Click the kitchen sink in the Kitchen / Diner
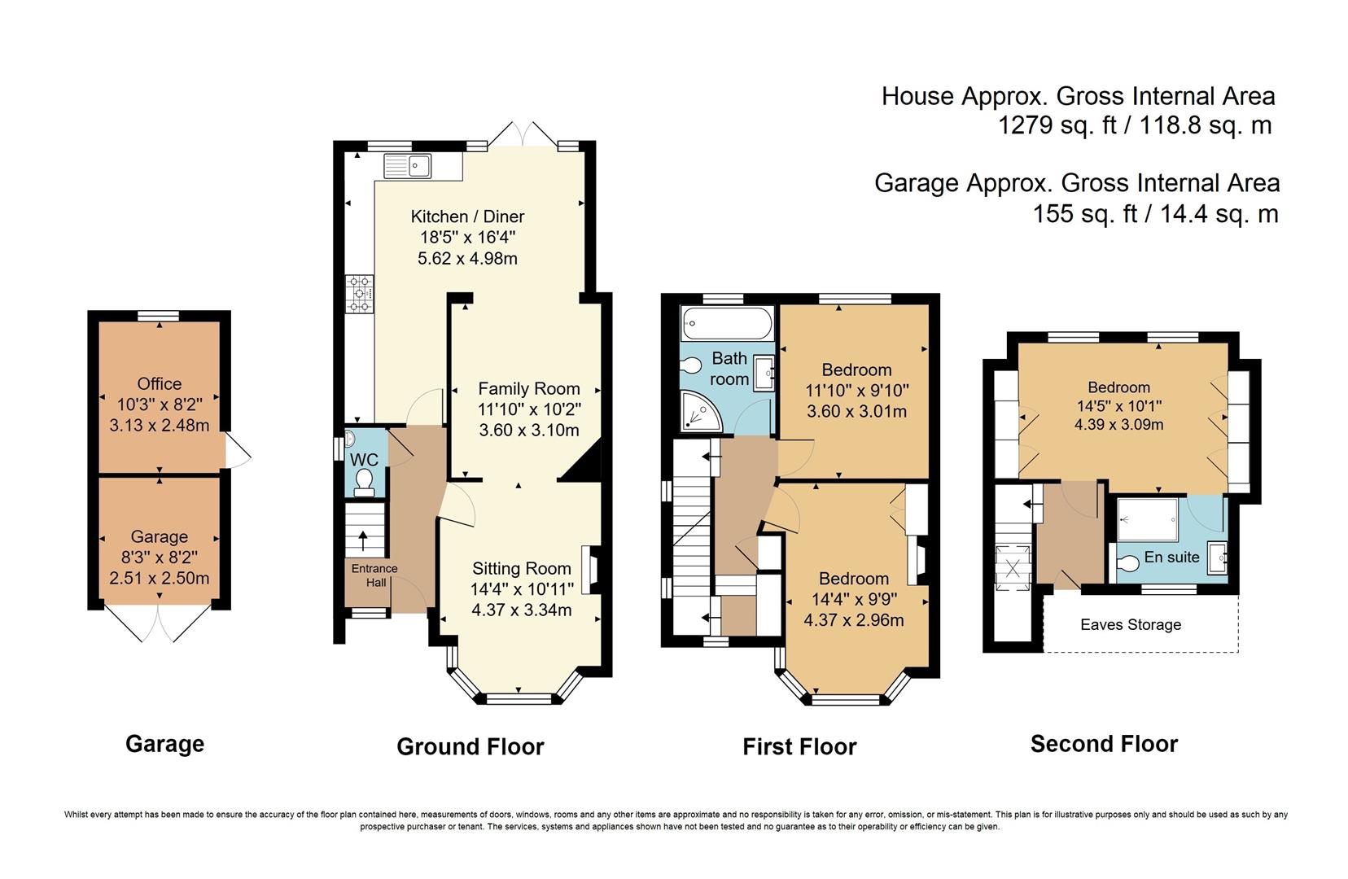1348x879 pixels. (x=407, y=166)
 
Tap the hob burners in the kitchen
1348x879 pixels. (x=359, y=294)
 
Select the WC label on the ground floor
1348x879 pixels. (x=364, y=460)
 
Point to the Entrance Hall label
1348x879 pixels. (x=374, y=575)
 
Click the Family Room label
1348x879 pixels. (x=529, y=389)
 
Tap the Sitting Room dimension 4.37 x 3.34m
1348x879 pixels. (x=522, y=610)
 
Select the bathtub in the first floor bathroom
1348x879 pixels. (x=727, y=324)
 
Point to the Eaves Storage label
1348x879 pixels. (x=1131, y=624)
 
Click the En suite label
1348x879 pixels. (x=1171, y=558)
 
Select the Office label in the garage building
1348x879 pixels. (x=159, y=384)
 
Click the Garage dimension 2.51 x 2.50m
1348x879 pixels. (x=159, y=578)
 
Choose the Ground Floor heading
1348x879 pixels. (x=470, y=746)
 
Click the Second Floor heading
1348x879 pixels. (x=1105, y=744)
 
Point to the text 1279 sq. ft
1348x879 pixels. (x=1057, y=125)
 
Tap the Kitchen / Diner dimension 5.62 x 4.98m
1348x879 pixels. (x=467, y=259)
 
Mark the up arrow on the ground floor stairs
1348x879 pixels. (x=363, y=541)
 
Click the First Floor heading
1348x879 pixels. (x=799, y=746)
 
